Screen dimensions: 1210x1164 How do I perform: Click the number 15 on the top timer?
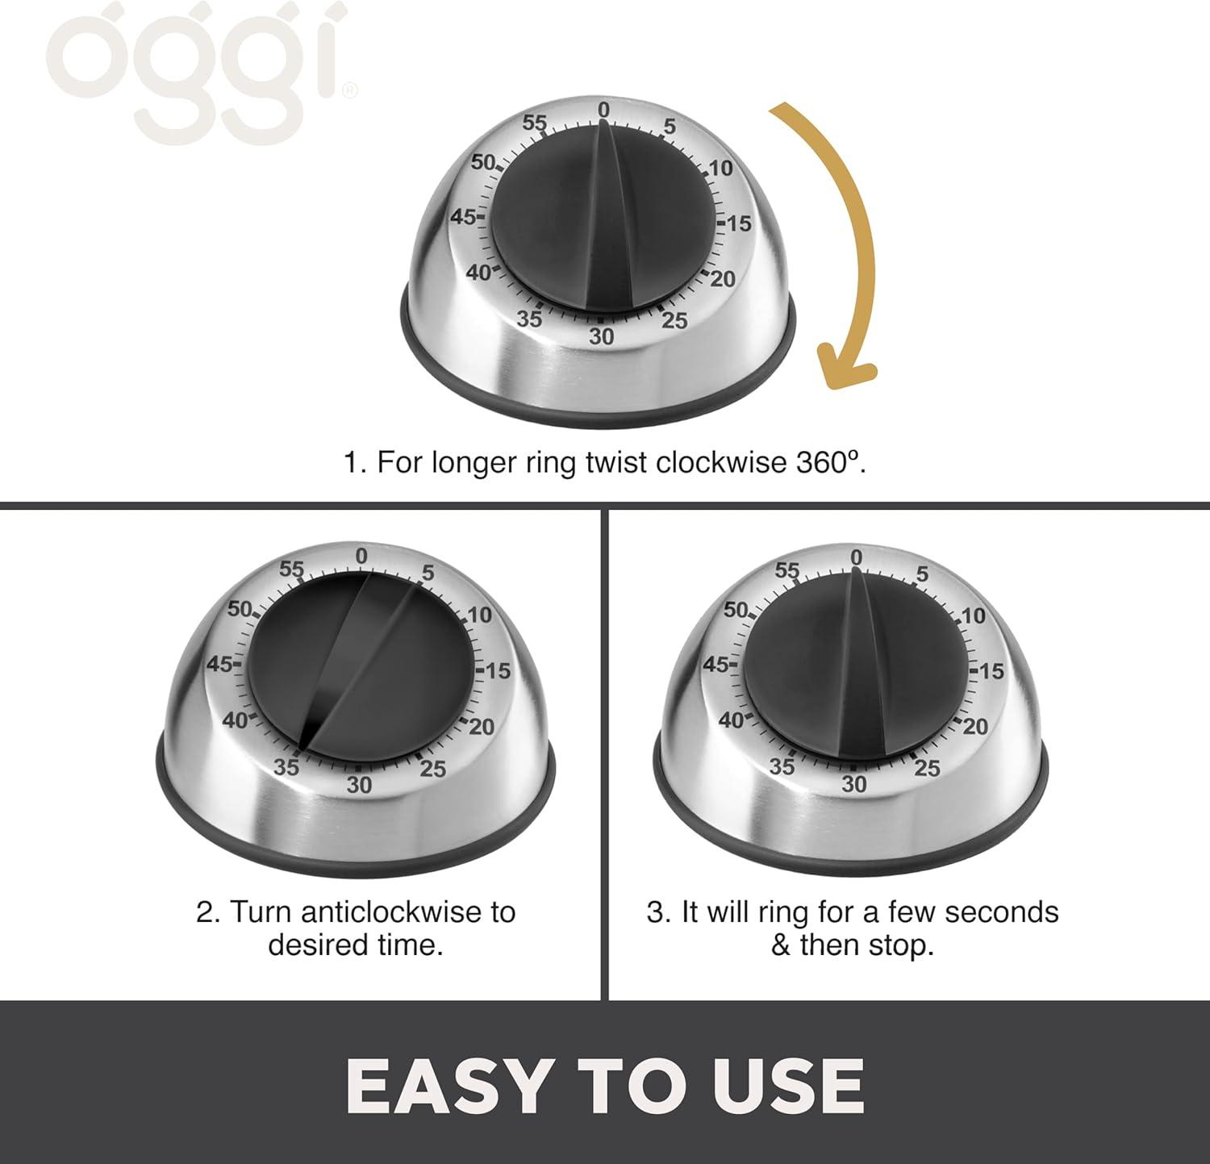[x=739, y=223]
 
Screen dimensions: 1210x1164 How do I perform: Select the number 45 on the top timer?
[x=463, y=217]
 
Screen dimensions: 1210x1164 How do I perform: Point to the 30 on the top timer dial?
[x=601, y=336]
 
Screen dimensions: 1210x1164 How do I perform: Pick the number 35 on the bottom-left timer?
[x=286, y=766]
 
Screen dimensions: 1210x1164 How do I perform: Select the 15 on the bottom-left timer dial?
[x=498, y=670]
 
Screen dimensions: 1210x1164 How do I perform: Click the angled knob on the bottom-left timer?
[x=361, y=665]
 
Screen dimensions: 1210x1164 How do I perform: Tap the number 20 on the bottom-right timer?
[x=975, y=726]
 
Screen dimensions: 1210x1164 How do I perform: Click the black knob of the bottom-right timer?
[x=855, y=665]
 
